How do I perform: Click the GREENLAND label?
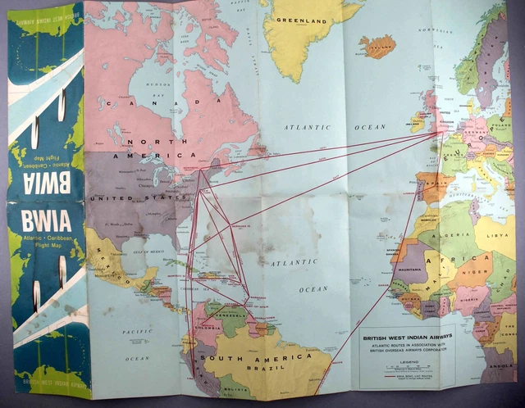[300, 20]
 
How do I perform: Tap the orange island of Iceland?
[377, 46]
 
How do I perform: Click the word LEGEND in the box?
[407, 360]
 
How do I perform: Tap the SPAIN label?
[431, 187]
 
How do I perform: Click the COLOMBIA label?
[204, 330]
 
